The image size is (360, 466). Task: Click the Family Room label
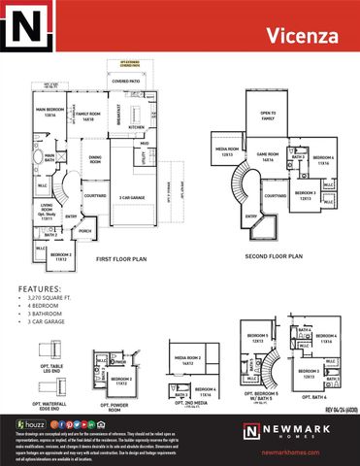pos(89,116)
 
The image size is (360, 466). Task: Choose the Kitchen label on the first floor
pos(136,127)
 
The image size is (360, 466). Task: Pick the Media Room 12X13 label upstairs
pos(227,150)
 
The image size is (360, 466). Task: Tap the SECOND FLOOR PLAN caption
pos(273,256)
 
